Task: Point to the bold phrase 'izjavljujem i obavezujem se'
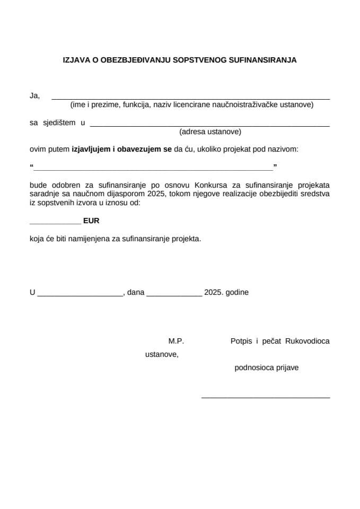(121, 150)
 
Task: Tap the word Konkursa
(211, 185)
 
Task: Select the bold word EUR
(91, 221)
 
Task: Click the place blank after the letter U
(80, 295)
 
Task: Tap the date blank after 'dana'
(174, 295)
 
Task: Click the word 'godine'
(237, 292)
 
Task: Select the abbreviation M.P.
(176, 341)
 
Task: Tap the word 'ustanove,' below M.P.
(162, 355)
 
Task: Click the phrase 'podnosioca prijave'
(266, 367)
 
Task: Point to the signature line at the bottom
(265, 397)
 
